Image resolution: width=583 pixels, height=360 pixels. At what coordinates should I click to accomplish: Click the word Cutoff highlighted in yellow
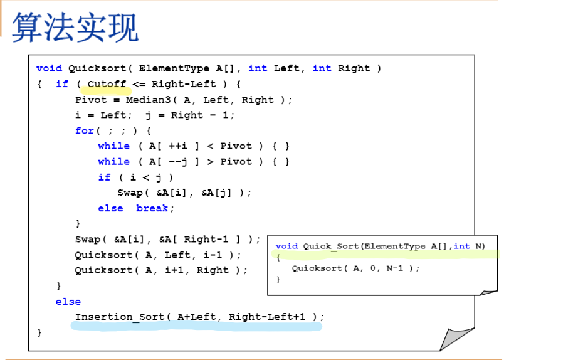click(107, 84)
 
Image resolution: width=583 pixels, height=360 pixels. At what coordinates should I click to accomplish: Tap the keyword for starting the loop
click(84, 130)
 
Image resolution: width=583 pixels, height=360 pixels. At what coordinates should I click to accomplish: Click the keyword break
click(152, 208)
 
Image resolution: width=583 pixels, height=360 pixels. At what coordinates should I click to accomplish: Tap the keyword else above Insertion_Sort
click(68, 302)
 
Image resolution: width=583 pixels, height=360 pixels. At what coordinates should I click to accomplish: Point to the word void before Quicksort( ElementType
click(49, 68)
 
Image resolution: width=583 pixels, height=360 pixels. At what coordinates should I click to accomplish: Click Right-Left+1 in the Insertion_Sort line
click(266, 317)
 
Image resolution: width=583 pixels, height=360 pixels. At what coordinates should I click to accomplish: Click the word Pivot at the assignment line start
click(90, 100)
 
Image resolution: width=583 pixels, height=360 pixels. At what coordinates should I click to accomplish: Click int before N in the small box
click(461, 246)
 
